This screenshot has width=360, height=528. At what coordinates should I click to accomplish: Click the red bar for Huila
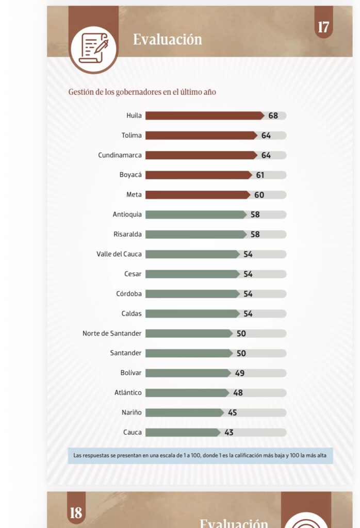pyautogui.click(x=205, y=115)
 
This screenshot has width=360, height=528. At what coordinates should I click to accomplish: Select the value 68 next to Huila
pyautogui.click(x=273, y=116)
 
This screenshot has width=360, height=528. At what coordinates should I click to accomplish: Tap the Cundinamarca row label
pyautogui.click(x=120, y=155)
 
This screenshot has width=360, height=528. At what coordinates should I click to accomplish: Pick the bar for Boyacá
pyautogui.click(x=199, y=175)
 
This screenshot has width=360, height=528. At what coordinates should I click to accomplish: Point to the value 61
pyautogui.click(x=260, y=175)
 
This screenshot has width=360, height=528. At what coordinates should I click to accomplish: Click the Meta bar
pyautogui.click(x=198, y=195)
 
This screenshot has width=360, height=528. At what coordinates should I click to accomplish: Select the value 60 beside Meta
pyautogui.click(x=259, y=195)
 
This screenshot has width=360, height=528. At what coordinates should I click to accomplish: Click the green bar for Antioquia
pyautogui.click(x=196, y=214)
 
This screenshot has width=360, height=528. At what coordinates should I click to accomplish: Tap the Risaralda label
pyautogui.click(x=127, y=235)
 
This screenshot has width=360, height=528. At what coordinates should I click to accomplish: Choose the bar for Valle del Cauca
pyautogui.click(x=192, y=254)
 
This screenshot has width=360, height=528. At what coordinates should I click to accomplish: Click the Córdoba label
pyautogui.click(x=128, y=293)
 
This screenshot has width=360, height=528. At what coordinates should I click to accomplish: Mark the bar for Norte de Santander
pyautogui.click(x=189, y=334)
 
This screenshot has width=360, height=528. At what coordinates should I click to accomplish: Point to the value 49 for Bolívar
pyautogui.click(x=240, y=373)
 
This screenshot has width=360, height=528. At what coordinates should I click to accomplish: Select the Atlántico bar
pyautogui.click(x=187, y=393)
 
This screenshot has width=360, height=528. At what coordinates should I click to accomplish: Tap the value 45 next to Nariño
pyautogui.click(x=233, y=412)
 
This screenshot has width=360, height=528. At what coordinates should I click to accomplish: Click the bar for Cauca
pyautogui.click(x=183, y=433)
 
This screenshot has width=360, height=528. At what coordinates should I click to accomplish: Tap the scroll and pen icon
pyautogui.click(x=94, y=49)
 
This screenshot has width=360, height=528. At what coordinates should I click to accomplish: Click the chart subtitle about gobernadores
pyautogui.click(x=142, y=92)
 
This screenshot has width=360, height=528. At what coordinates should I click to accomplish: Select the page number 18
pyautogui.click(x=76, y=513)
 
